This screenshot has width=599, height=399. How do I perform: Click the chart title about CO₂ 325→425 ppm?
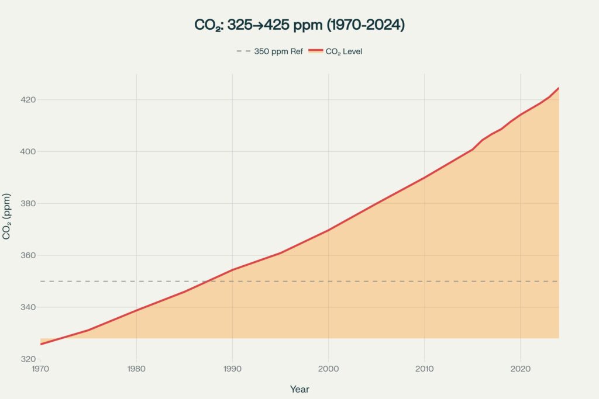pyautogui.click(x=299, y=25)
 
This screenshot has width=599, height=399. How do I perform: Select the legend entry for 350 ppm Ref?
pyautogui.click(x=270, y=51)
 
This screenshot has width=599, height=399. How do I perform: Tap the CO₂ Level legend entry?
pyautogui.click(x=336, y=51)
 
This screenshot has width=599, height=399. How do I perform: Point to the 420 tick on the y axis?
pyautogui.click(x=29, y=100)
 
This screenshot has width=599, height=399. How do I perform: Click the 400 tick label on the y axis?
pyautogui.click(x=29, y=152)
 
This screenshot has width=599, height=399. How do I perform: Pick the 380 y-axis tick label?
pyautogui.click(x=29, y=204)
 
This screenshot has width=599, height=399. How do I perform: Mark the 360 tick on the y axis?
pyautogui.click(x=29, y=256)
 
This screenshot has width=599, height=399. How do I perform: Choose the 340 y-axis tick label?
pyautogui.click(x=29, y=308)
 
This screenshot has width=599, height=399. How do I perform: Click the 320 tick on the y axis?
pyautogui.click(x=29, y=359)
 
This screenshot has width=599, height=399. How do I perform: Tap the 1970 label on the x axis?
pyautogui.click(x=40, y=369)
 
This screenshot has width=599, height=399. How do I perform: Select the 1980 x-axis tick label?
pyautogui.click(x=136, y=369)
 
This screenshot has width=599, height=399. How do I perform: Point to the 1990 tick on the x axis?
pyautogui.click(x=232, y=369)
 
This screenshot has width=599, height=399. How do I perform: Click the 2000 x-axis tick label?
pyautogui.click(x=328, y=369)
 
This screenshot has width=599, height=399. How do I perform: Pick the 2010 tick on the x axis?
pyautogui.click(x=424, y=369)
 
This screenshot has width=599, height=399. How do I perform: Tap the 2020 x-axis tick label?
pyautogui.click(x=520, y=369)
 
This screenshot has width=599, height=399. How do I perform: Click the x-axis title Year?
pyautogui.click(x=299, y=389)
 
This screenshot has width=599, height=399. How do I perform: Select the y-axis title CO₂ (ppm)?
pyautogui.click(x=6, y=216)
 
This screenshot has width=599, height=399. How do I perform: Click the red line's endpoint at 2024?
pyautogui.click(x=559, y=88)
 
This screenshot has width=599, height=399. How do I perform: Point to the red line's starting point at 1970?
pyautogui.click(x=41, y=344)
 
